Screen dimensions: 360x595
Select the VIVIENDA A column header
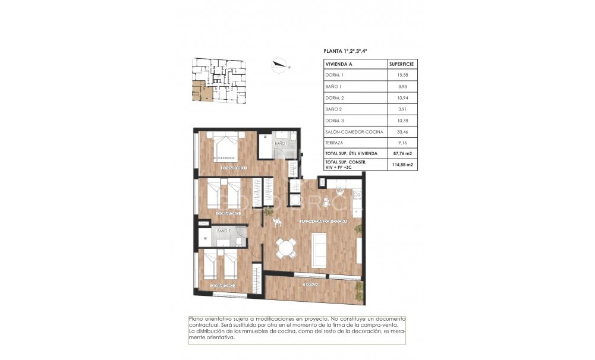point(338,64)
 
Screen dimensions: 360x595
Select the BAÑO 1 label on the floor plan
point(281,144)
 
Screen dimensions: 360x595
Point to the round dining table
point(287,246)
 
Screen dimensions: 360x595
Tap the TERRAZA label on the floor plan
point(309,285)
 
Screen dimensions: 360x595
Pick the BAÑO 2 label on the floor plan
point(223,230)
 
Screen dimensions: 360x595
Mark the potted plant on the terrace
point(359,290)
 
